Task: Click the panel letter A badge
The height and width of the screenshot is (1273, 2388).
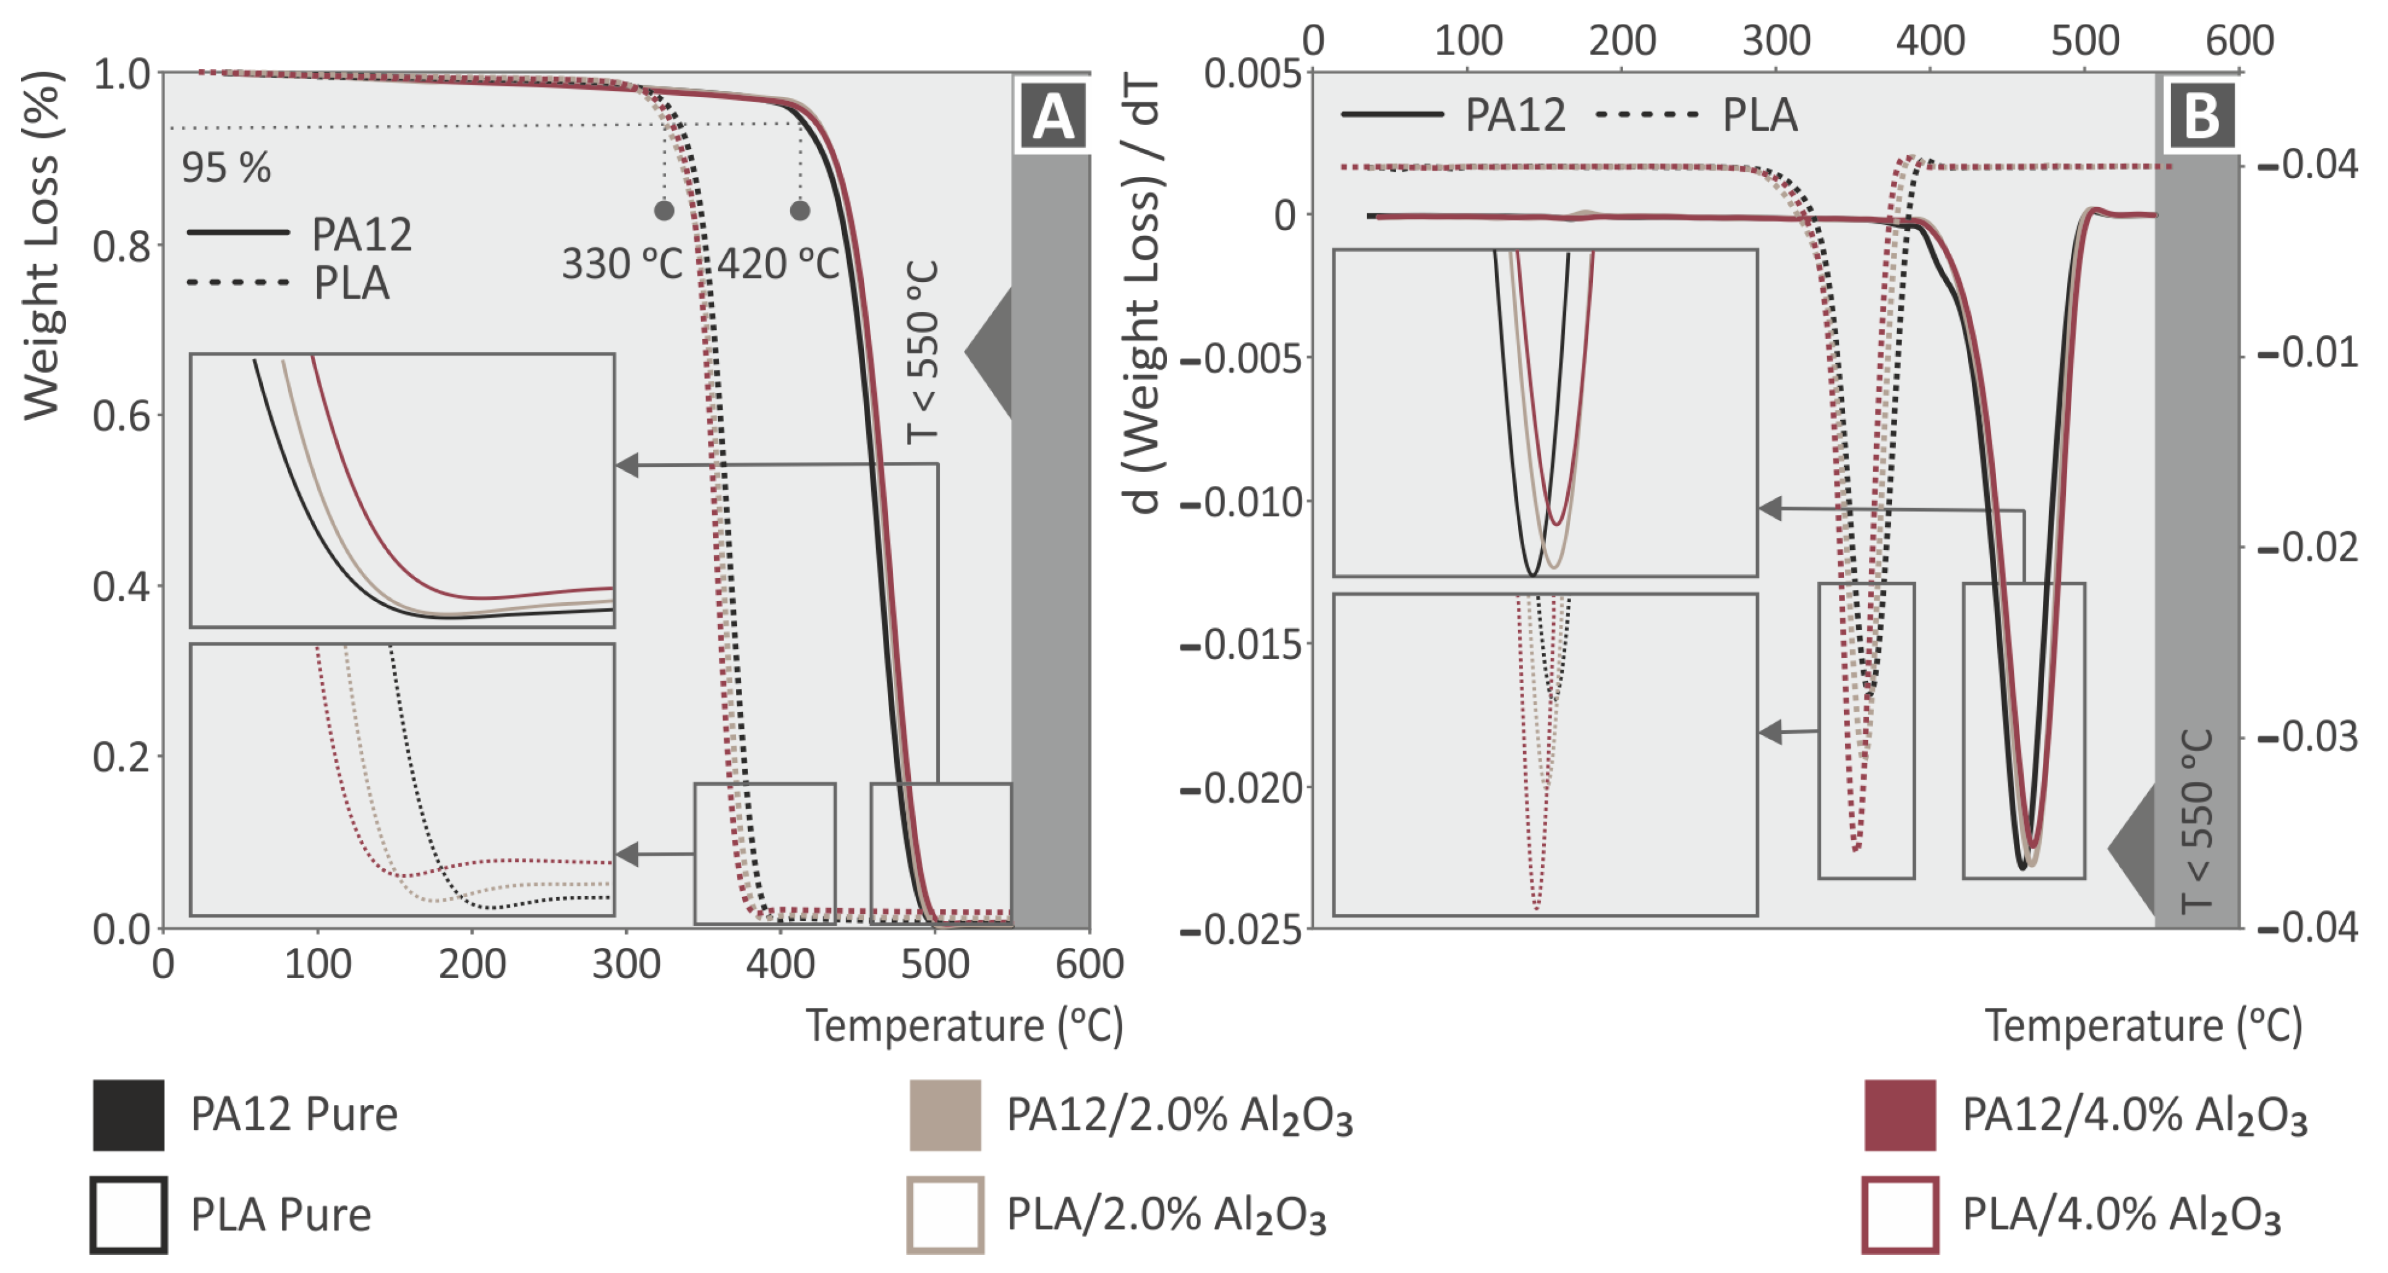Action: pos(1053,117)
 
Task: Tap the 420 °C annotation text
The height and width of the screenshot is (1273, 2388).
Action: pos(778,264)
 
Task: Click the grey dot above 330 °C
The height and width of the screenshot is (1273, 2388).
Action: pos(663,210)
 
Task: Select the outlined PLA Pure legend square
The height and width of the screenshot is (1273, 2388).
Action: pos(129,1215)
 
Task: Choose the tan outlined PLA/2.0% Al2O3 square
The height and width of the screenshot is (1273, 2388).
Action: pos(945,1215)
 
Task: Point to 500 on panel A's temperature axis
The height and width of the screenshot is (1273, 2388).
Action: pos(934,964)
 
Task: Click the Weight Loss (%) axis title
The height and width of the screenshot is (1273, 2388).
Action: pos(41,245)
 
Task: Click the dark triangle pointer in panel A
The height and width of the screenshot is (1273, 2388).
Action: pos(990,352)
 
